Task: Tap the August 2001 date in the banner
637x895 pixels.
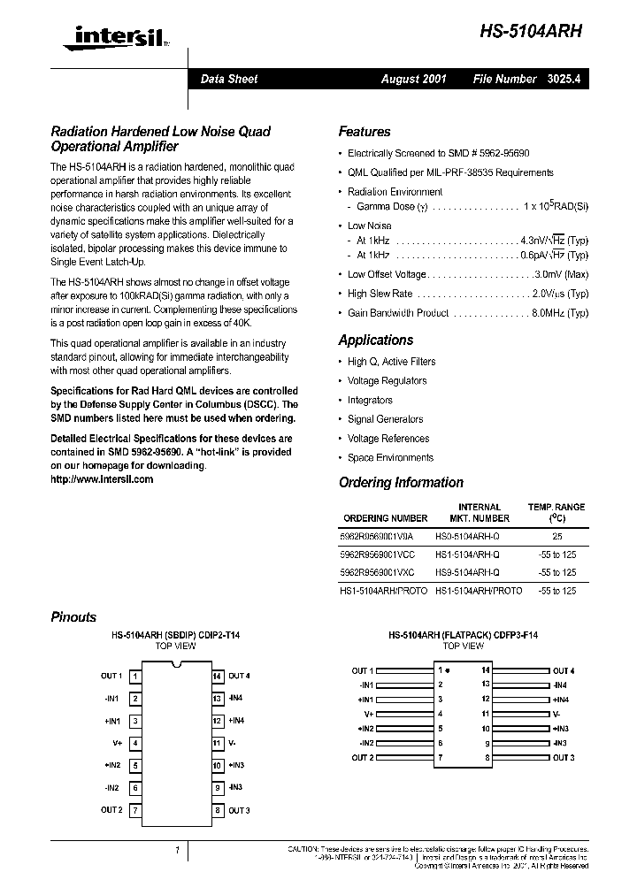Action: (413, 79)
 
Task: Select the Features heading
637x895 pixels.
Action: (364, 132)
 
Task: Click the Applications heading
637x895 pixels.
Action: (375, 340)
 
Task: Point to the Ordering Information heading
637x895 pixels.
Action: (401, 483)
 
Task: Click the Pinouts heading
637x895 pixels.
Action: (73, 617)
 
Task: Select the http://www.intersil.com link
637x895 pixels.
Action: (102, 478)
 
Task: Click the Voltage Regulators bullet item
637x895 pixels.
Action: (387, 381)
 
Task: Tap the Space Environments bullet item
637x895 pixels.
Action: (390, 458)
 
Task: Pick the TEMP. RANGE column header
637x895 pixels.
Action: (556, 507)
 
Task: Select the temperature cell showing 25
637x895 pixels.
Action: (556, 536)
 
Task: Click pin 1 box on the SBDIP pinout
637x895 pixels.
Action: (134, 677)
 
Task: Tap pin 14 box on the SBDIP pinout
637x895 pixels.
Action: (216, 677)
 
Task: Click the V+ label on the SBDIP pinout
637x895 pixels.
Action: (117, 743)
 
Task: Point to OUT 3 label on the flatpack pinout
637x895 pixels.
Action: (564, 758)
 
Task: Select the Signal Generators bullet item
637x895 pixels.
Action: (385, 419)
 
